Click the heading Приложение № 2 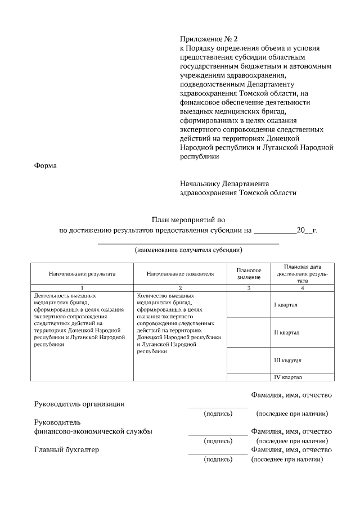click(209, 39)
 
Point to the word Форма click(46, 166)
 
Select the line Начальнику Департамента click(224, 183)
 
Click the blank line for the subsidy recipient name click(188, 243)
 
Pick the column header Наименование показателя click(180, 274)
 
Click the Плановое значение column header click(249, 274)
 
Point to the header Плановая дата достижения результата click(303, 273)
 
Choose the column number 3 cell click(249, 288)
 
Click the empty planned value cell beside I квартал click(249, 304)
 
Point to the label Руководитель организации click(79, 404)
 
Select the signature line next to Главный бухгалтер click(218, 453)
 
